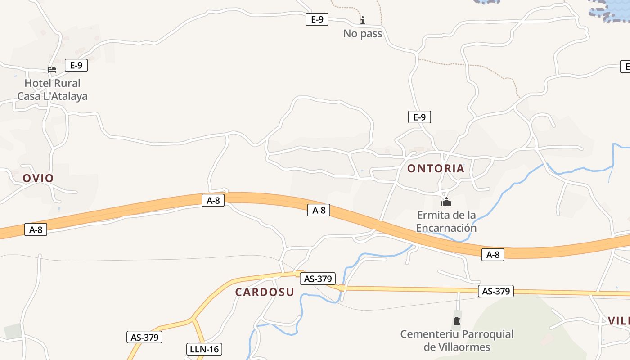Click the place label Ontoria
pos(436,169)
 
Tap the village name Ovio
pos(38,178)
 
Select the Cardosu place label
pos(265,292)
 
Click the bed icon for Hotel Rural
pos(52,70)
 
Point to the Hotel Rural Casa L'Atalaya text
pos(52,90)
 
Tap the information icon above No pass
pos(363,20)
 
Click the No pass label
pos(363,34)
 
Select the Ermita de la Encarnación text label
pos(446,221)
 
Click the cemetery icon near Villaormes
pos(457,321)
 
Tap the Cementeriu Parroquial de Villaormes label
pos(457,341)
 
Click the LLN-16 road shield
pos(204,349)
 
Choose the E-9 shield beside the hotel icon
pos(76,65)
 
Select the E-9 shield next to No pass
pos(317,19)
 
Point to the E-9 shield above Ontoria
pos(419,117)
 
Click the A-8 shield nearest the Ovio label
pos(36,229)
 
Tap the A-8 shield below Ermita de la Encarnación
pos(493,255)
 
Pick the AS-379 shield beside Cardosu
pos(318,279)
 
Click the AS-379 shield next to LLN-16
pos(145,337)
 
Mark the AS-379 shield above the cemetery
pos(495,291)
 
